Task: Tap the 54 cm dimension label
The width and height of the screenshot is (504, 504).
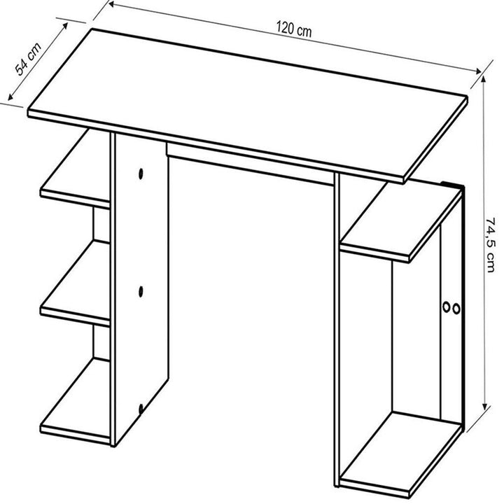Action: coord(28,59)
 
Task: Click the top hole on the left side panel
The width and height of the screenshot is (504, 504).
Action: coord(141,174)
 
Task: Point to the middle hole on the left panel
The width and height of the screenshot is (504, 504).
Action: coord(141,291)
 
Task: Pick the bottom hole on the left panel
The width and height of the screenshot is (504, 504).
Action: coord(141,409)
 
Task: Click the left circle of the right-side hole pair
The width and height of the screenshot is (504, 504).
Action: coord(446,307)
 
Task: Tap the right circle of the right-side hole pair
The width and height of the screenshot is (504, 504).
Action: coord(456,309)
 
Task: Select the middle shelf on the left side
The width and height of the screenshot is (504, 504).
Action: coord(76,283)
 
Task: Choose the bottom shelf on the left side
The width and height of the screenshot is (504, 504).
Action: coord(76,400)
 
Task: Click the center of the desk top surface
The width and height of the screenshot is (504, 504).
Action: coord(248,104)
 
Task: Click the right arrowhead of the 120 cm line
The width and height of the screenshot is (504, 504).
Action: coord(477,71)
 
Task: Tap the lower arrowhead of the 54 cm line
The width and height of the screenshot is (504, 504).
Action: coord(10,96)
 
